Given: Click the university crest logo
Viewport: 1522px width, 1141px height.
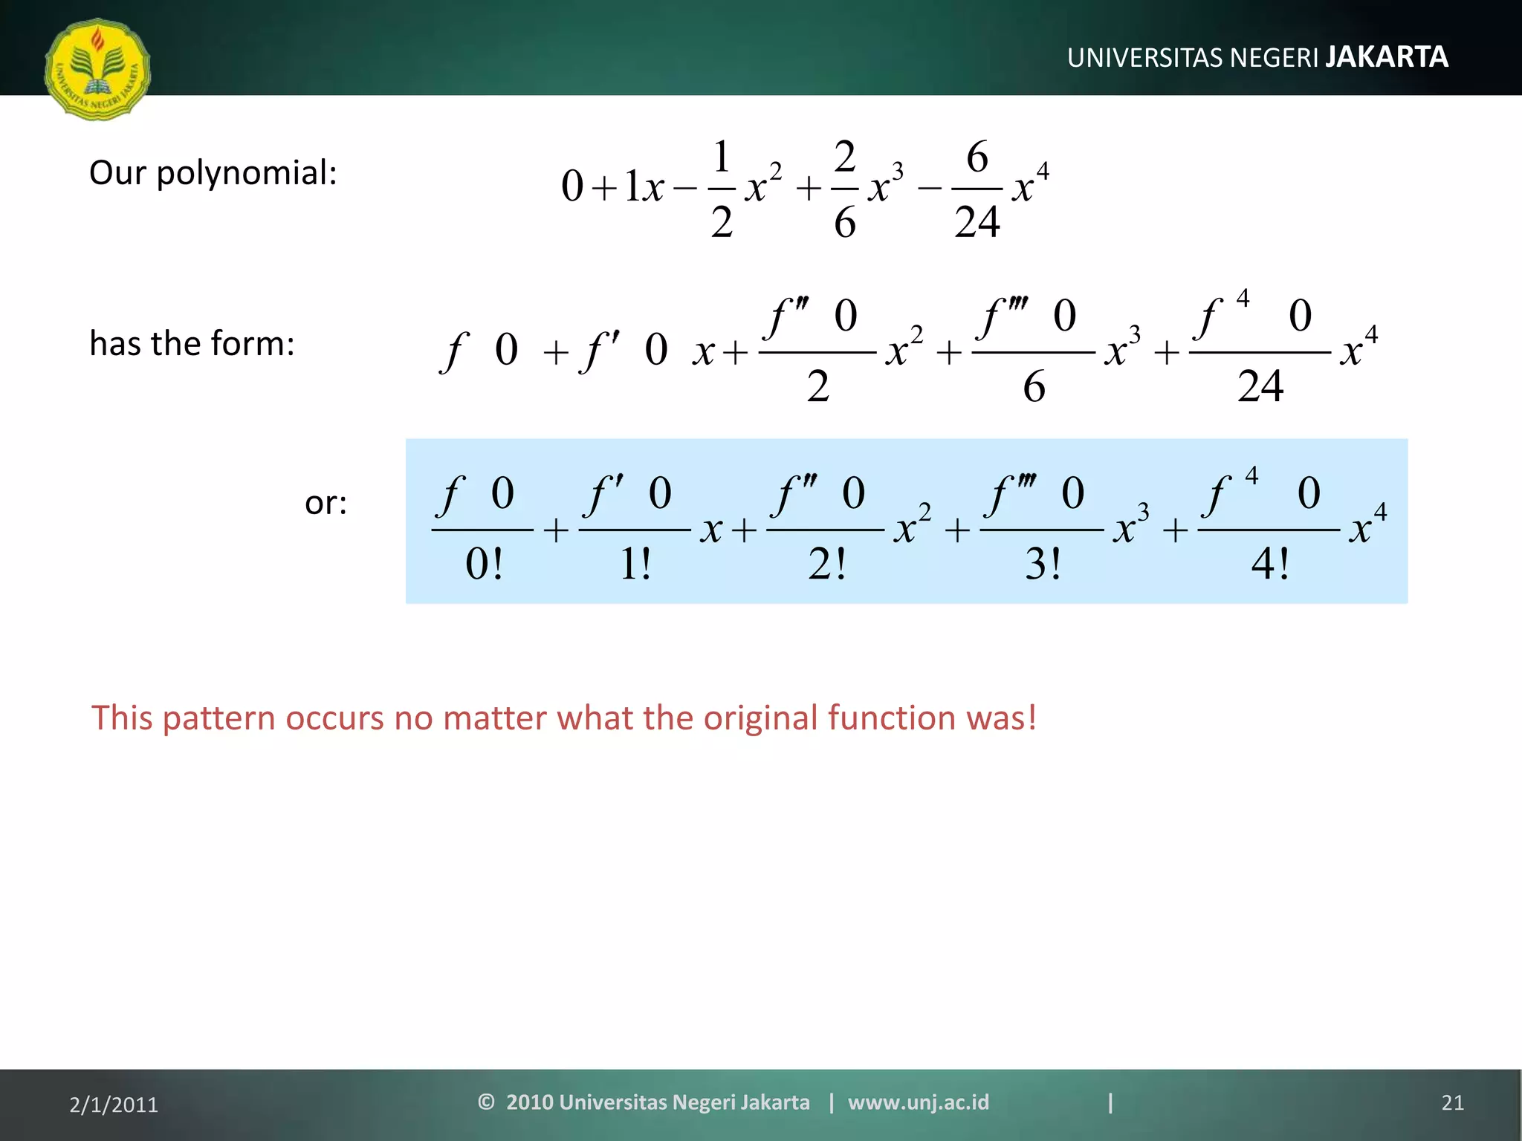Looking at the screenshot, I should coord(97,69).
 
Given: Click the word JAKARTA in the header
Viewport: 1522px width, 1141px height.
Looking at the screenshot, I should coord(1387,57).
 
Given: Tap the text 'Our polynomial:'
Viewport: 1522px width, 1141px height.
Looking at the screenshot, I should coord(213,173).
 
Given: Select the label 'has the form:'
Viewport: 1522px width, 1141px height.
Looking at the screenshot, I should coord(192,344).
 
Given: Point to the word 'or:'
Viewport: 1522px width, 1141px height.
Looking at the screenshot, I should coord(326,504).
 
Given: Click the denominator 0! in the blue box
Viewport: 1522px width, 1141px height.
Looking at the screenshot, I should coord(484,565).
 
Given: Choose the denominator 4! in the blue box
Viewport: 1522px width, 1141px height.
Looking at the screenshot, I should coord(1269,565).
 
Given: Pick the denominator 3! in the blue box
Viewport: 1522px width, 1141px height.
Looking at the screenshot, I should coord(1042,565).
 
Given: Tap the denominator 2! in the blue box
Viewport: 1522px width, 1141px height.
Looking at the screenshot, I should coord(826,565).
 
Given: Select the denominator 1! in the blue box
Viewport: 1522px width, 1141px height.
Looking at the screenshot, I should coord(635,565).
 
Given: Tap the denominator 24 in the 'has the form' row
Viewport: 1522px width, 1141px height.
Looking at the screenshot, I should coord(1260,386).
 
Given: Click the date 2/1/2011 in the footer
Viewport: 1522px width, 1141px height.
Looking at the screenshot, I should coord(114,1105).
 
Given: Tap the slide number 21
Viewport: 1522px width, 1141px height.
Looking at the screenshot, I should coord(1452,1103).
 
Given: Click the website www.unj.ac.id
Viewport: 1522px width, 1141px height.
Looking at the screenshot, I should coord(919,1102).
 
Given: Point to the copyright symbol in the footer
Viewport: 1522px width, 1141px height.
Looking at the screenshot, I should coord(486,1102).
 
